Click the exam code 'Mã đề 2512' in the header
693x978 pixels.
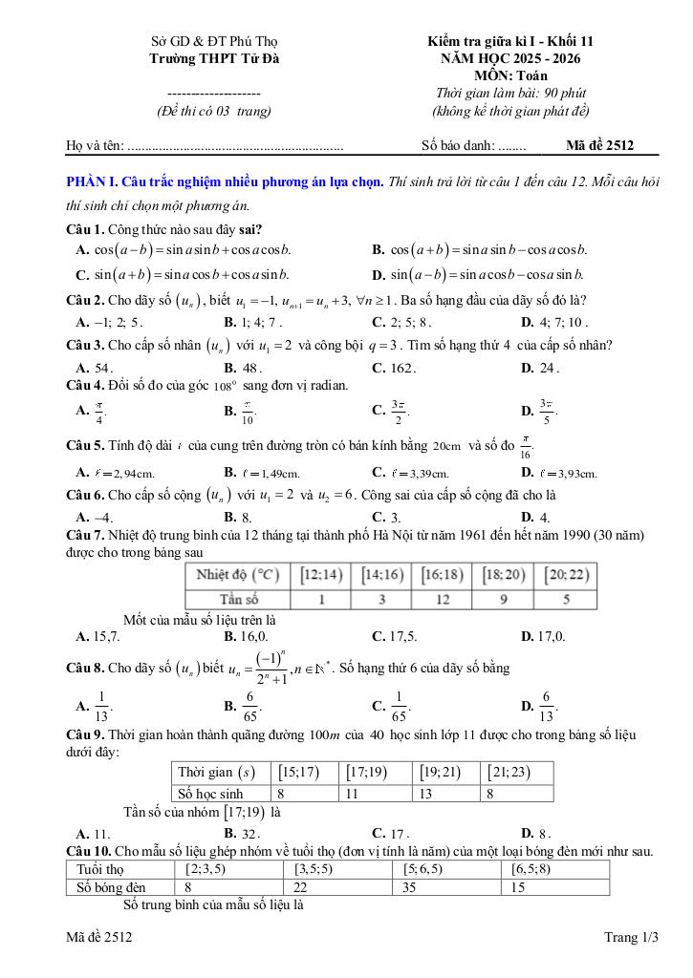(598, 145)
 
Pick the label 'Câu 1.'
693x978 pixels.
(84, 229)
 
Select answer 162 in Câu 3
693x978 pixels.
(401, 367)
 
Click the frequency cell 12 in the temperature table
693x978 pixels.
(443, 600)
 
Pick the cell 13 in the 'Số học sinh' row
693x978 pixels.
(427, 793)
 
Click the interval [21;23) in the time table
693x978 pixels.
(507, 772)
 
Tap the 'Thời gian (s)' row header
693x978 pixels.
(217, 772)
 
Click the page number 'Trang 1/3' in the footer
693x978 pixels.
(632, 939)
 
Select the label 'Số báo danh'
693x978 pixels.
(456, 145)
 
